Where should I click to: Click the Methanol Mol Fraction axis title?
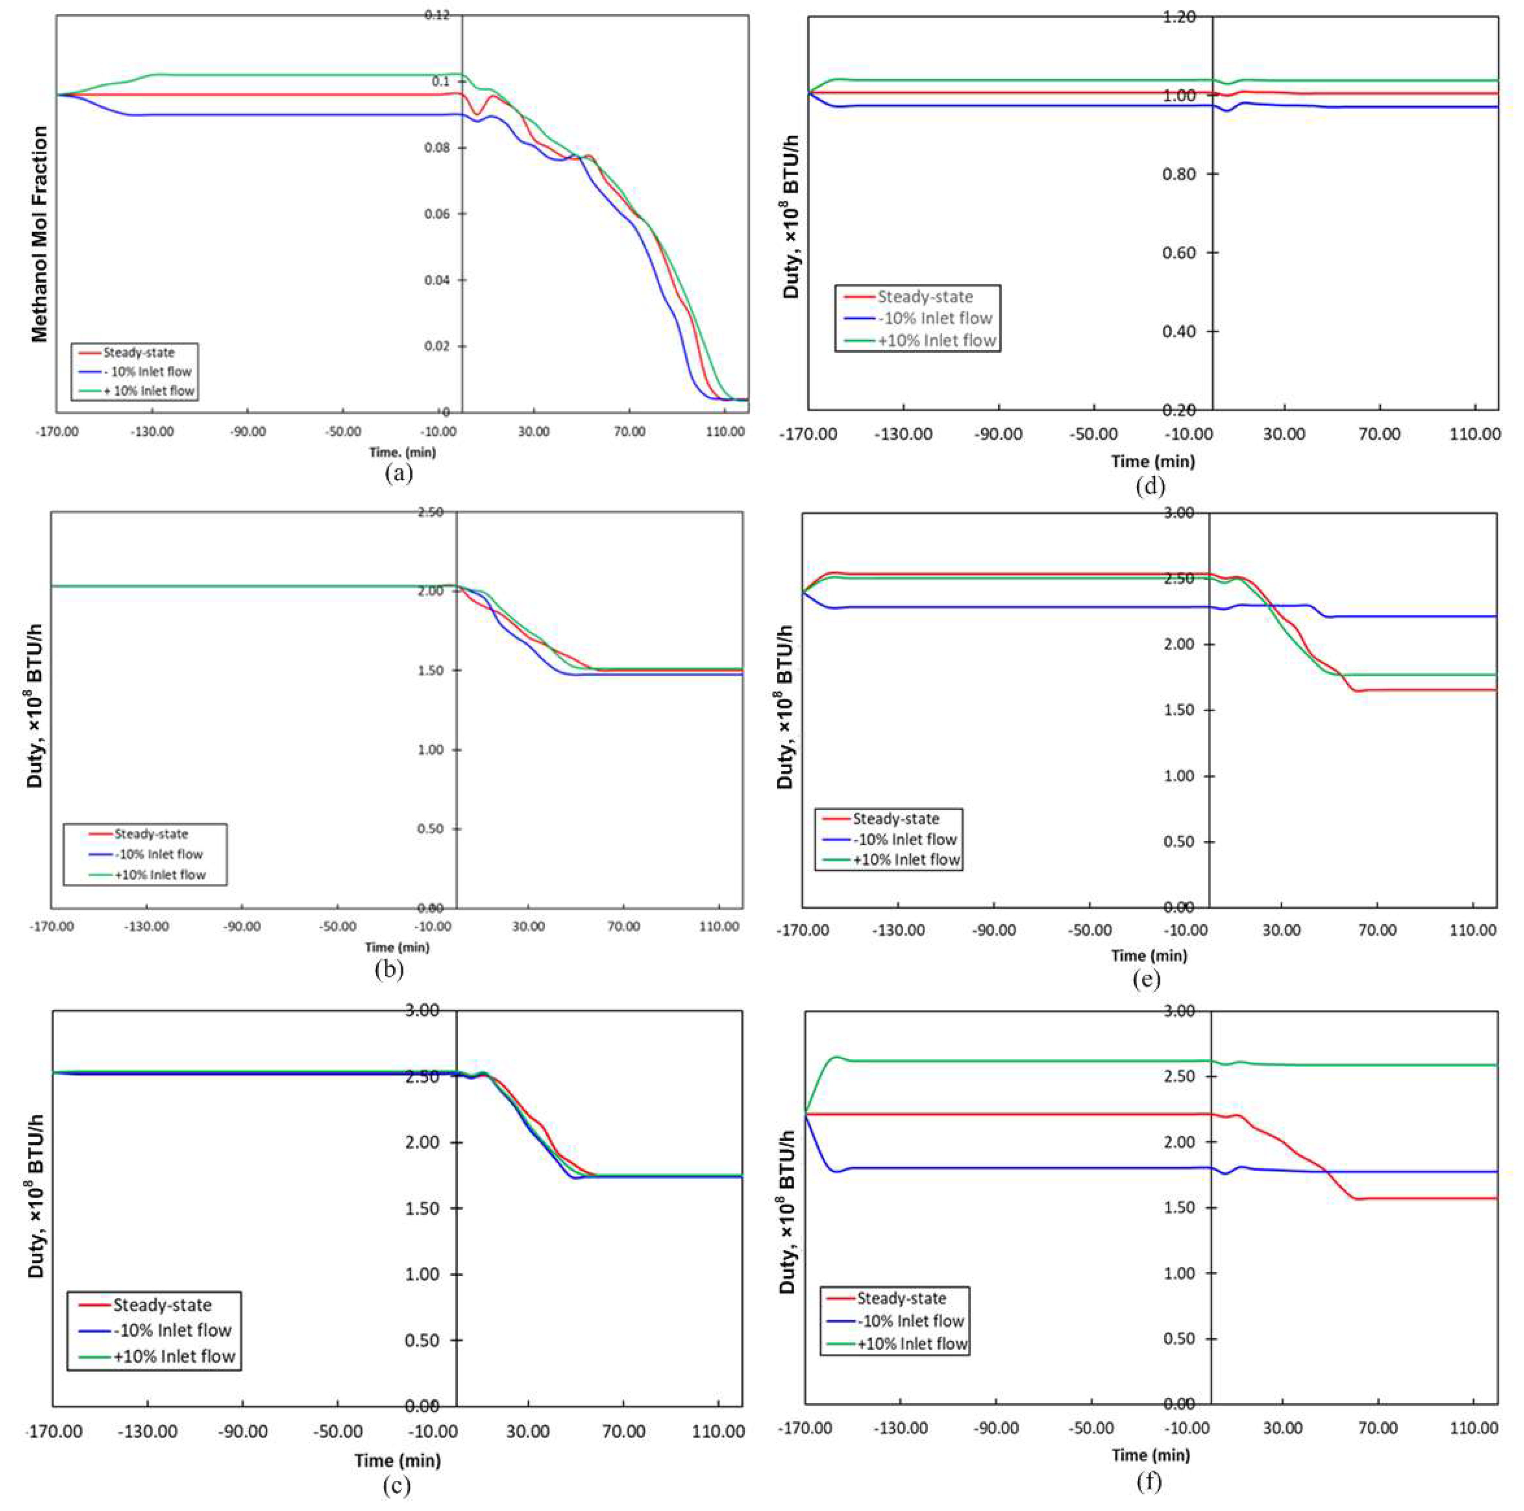[39, 234]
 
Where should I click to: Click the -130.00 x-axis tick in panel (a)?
[152, 431]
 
